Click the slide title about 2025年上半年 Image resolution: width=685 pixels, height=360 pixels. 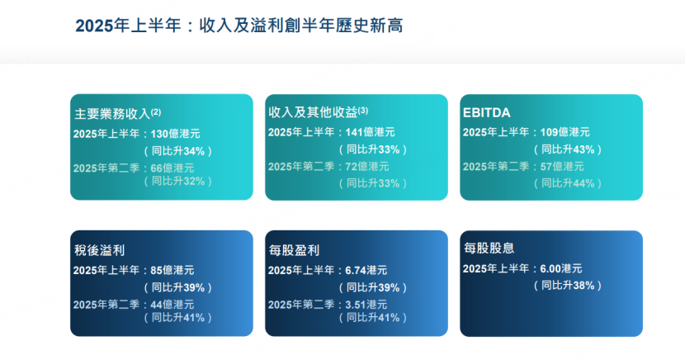pos(239,26)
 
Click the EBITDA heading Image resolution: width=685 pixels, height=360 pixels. pos(487,111)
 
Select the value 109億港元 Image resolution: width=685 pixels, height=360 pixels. pos(565,132)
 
